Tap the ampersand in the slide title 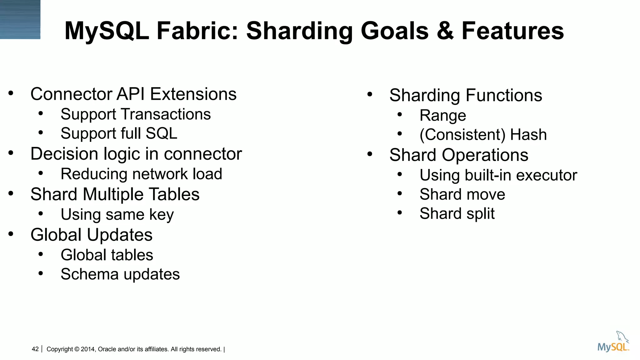click(x=445, y=31)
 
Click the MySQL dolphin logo click(x=613, y=342)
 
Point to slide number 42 click(x=35, y=349)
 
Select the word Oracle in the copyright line click(x=107, y=349)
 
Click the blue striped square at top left click(x=20, y=19)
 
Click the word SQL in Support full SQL click(x=161, y=133)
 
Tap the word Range click(x=442, y=116)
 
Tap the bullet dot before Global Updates click(x=11, y=234)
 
